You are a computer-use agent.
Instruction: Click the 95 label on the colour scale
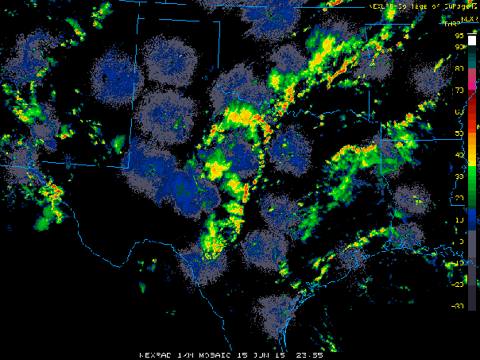[460, 37]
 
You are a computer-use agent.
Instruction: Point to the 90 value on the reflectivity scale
[460, 47]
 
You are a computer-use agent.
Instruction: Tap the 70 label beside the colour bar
[460, 90]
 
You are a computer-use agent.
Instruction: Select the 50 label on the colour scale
[460, 134]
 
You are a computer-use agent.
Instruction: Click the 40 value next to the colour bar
[460, 155]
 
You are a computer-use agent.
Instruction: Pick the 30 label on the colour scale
[460, 176]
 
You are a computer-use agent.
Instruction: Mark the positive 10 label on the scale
[460, 219]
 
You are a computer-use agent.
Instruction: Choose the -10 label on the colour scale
[459, 262]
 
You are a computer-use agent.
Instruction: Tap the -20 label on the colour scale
[459, 284]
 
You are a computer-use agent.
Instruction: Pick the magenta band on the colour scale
[473, 78]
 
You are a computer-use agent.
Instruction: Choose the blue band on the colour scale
[473, 219]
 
